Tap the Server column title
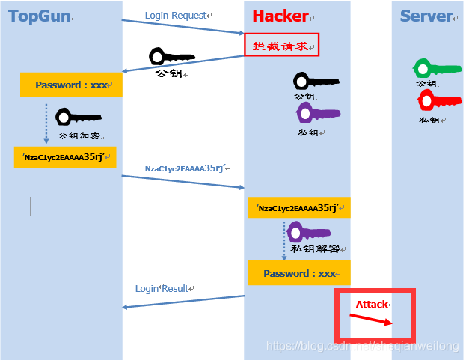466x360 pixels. pyautogui.click(x=426, y=16)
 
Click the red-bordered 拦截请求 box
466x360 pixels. pyautogui.click(x=281, y=45)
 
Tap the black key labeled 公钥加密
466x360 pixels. pyautogui.click(x=78, y=118)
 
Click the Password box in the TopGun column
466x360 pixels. pyautogui.click(x=71, y=85)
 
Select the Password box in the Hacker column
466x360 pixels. pyautogui.click(x=299, y=273)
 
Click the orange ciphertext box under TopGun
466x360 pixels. pyautogui.click(x=66, y=156)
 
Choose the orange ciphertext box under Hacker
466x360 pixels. pyautogui.click(x=299, y=208)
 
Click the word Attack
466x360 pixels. pyautogui.click(x=373, y=304)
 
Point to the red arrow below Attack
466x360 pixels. pyautogui.click(x=370, y=320)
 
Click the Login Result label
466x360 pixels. pyautogui.click(x=163, y=288)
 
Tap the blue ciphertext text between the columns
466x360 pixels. pyautogui.click(x=184, y=168)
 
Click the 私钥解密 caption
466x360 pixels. pyautogui.click(x=315, y=248)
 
